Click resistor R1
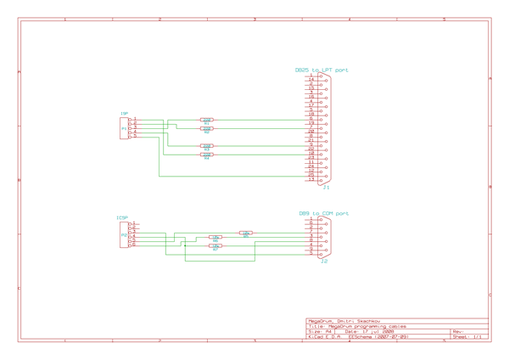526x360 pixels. (x=207, y=121)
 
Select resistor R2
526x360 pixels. (x=207, y=129)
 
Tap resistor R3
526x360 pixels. (x=207, y=146)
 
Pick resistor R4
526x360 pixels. (x=207, y=155)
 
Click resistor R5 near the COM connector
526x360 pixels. (x=246, y=233)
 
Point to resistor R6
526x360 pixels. (x=215, y=238)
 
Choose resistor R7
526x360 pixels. (x=215, y=246)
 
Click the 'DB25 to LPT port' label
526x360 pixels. (x=322, y=70)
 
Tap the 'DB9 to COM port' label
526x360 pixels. (x=323, y=214)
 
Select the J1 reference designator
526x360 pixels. (x=327, y=187)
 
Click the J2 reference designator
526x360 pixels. (x=324, y=262)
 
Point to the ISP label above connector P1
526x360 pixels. (x=124, y=113)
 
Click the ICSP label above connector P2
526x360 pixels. (x=122, y=217)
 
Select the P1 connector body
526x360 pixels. (x=126, y=128)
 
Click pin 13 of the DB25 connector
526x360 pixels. (x=311, y=180)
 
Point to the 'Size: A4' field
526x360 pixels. (x=321, y=332)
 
